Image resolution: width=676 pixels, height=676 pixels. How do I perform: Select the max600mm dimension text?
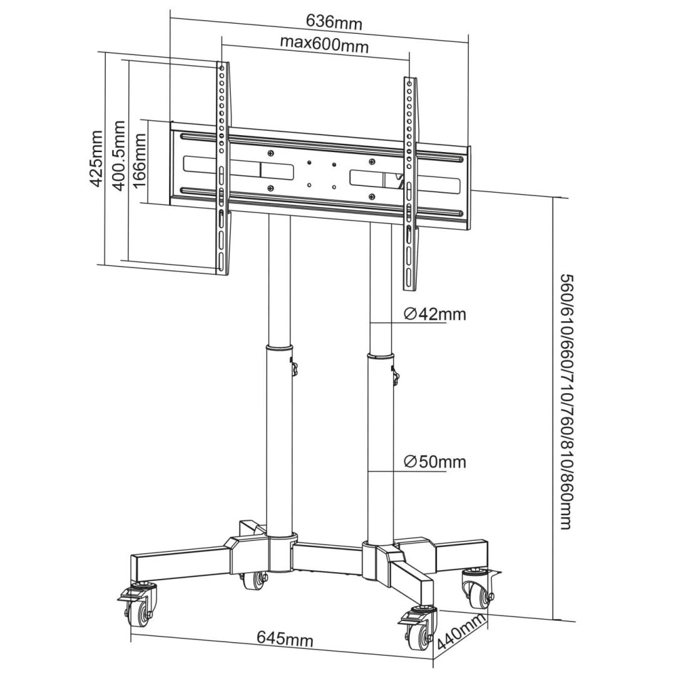tap(324, 44)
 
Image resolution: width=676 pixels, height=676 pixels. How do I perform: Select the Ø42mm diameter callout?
tap(434, 314)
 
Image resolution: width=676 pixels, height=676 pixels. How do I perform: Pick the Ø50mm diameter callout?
tap(434, 462)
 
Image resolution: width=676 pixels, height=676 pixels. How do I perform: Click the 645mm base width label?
tap(285, 639)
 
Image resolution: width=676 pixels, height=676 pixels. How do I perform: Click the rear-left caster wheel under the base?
tap(255, 581)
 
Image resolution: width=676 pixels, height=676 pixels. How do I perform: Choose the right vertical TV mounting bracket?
tap(409, 184)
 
